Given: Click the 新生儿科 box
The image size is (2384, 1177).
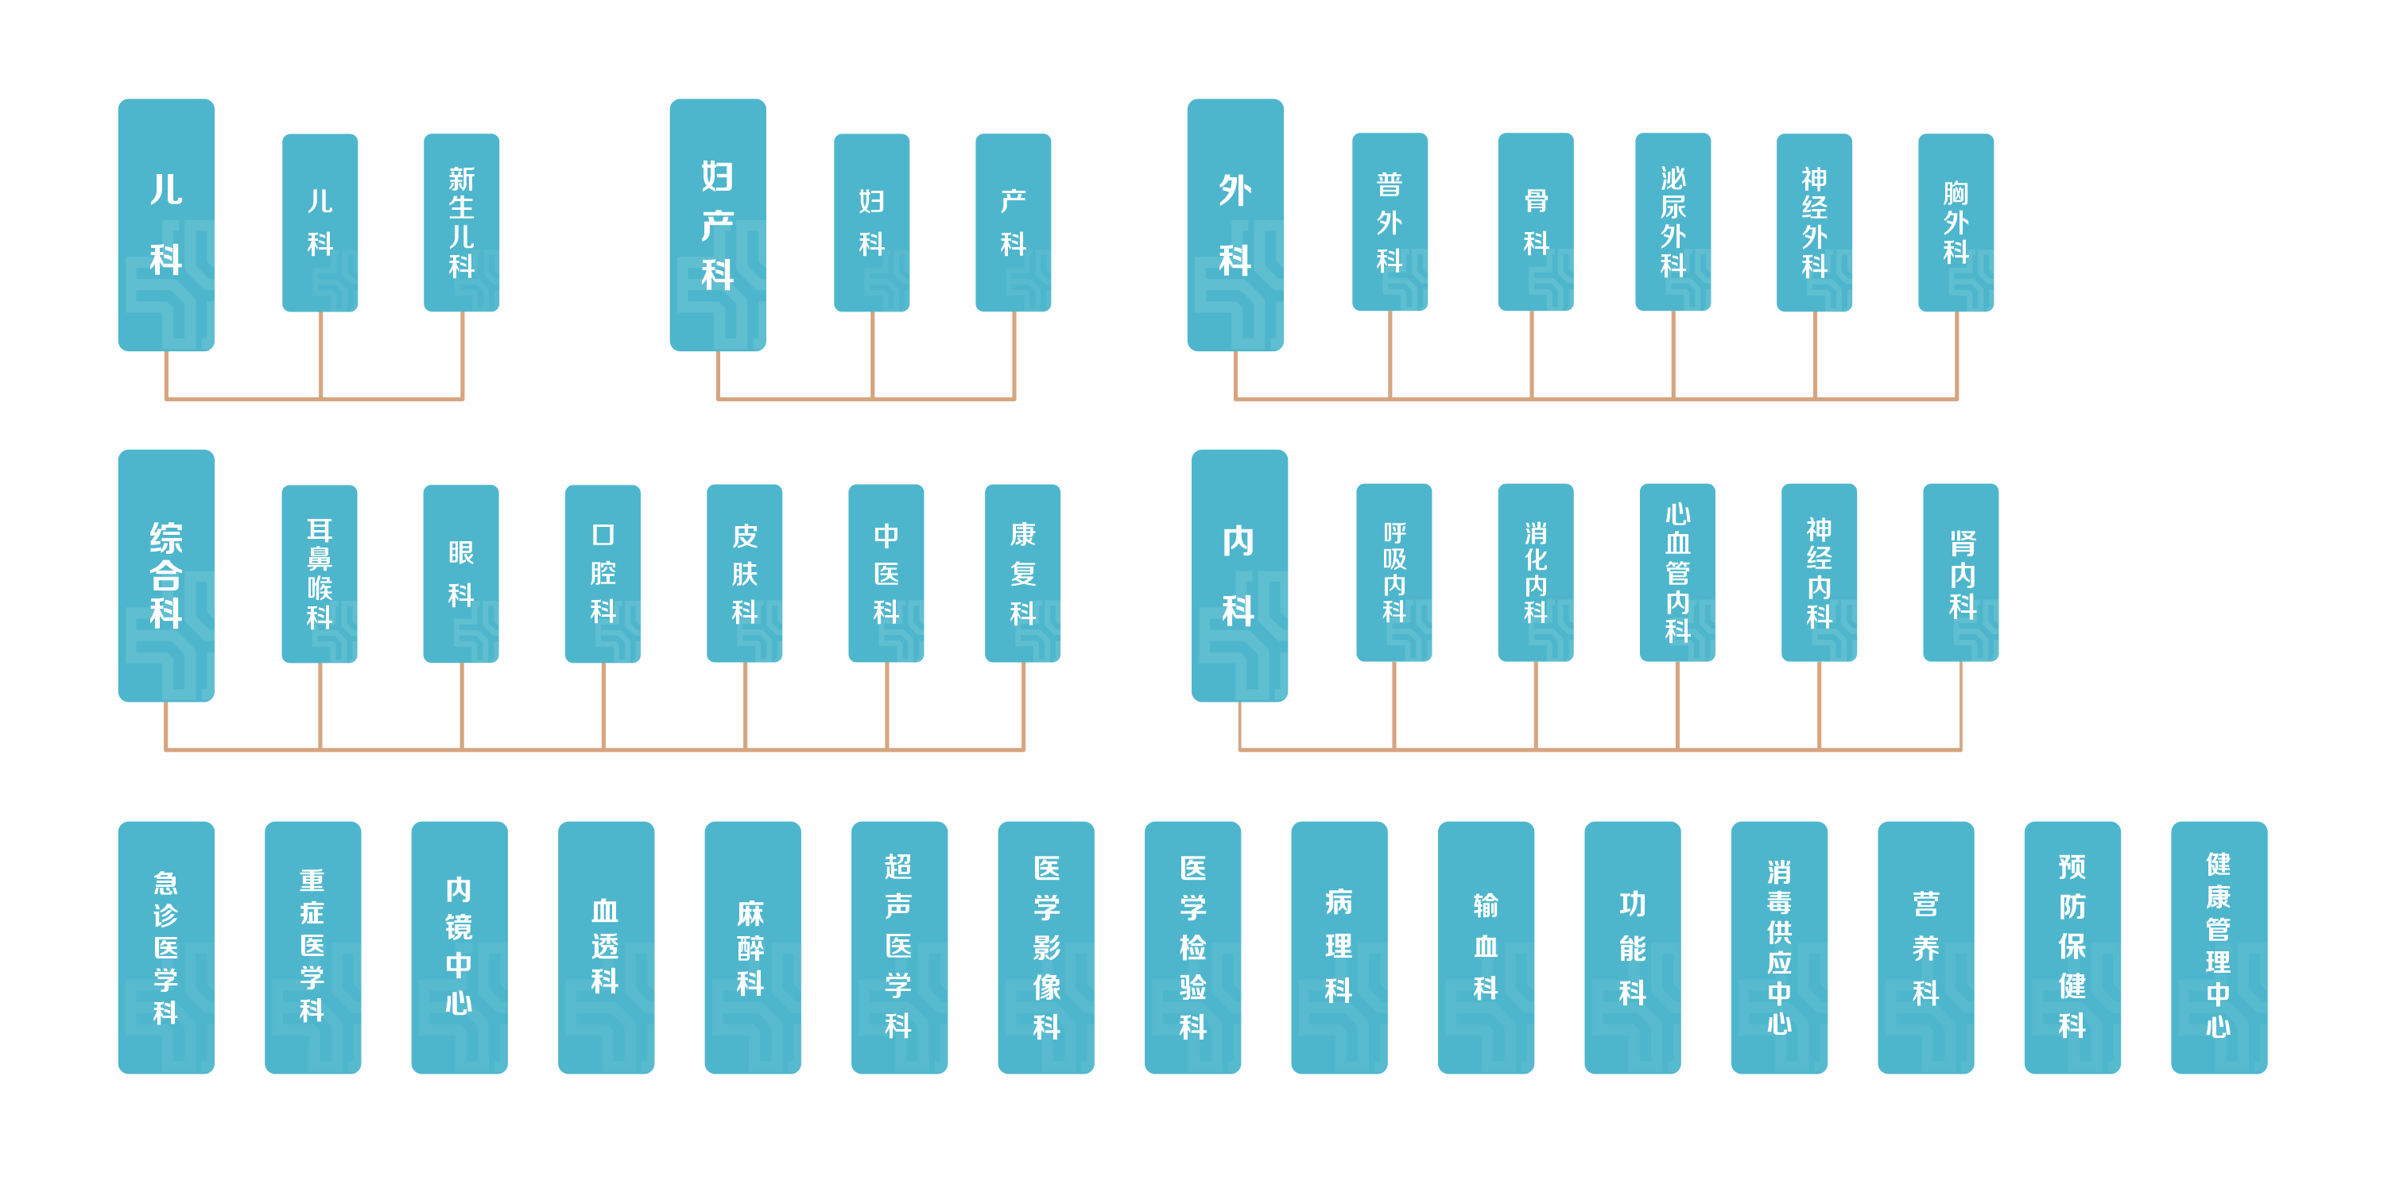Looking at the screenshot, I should [x=461, y=222].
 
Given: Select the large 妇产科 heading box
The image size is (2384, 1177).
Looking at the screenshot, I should [x=717, y=225].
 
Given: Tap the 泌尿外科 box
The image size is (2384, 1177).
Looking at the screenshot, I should [x=1673, y=222].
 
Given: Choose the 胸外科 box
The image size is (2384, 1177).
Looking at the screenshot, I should [x=1956, y=222].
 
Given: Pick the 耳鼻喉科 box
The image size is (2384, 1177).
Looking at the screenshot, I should [x=320, y=573].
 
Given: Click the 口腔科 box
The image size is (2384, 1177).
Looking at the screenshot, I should [x=603, y=573].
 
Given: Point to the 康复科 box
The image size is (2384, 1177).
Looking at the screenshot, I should [x=1021, y=573].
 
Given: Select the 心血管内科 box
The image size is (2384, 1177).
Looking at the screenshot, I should [x=1677, y=572].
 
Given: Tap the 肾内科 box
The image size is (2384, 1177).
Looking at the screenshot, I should [x=1960, y=572].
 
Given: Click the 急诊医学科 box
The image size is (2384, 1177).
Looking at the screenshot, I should [x=165, y=947].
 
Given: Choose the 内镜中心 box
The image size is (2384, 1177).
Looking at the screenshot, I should [x=459, y=947].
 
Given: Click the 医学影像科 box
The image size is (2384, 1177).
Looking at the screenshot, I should [x=1046, y=947].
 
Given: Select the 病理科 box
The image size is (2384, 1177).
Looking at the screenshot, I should [x=1338, y=947].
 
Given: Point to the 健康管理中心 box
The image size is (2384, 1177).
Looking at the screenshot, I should [x=2219, y=947].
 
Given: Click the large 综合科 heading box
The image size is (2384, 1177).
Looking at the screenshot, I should [x=165, y=575].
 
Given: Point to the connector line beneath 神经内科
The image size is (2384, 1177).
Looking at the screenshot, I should [x=1819, y=705].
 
